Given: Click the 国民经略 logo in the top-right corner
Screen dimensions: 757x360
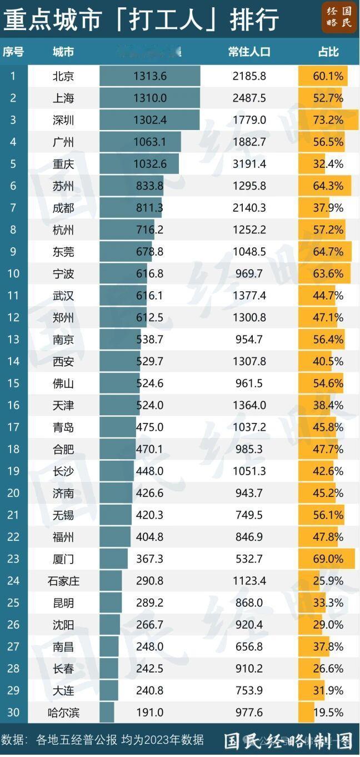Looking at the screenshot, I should [339, 17].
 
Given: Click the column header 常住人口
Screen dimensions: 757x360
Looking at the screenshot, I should [249, 52].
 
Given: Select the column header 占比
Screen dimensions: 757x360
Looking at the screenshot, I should [328, 52].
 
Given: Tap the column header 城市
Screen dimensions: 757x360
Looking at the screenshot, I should [63, 52].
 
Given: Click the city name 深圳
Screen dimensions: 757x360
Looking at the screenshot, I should [63, 120].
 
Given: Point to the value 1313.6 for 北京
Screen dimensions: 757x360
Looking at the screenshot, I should [150, 76].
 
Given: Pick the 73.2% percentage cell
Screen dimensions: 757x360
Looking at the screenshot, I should [328, 120].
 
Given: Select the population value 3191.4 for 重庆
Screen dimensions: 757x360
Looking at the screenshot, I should [249, 164].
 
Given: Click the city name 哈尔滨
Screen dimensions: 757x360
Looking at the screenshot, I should [63, 713].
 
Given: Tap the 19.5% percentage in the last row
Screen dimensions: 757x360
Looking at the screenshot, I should [328, 713].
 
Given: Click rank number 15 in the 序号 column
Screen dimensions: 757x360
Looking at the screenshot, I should [13, 384].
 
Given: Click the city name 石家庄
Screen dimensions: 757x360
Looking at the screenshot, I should [63, 581].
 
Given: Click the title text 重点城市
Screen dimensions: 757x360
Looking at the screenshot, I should [53, 20].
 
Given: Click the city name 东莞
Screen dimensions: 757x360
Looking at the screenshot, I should [63, 252].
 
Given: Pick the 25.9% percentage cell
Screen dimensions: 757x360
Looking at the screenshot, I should [328, 581].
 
